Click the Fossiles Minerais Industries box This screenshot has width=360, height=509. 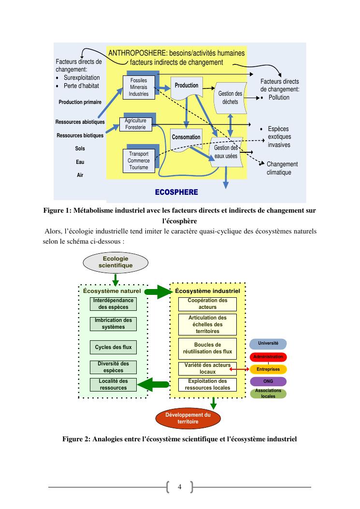click(139, 87)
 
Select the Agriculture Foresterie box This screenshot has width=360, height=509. click(135, 124)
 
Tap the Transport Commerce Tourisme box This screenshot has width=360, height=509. click(139, 160)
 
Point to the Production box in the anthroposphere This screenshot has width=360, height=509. click(187, 86)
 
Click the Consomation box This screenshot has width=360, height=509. click(186, 137)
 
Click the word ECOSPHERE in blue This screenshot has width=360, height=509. click(176, 192)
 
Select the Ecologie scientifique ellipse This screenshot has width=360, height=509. click(115, 262)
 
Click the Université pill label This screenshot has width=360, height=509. click(268, 343)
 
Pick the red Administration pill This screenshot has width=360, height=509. click(268, 357)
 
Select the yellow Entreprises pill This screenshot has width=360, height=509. click(268, 369)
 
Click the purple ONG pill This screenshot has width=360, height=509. click(268, 381)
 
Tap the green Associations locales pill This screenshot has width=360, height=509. click(268, 393)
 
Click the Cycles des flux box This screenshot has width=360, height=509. click(113, 347)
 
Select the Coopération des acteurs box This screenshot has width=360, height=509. click(207, 304)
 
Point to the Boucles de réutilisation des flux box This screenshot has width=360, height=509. click(207, 349)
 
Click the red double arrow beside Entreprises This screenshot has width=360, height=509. click(240, 370)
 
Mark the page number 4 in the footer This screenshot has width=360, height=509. click(179, 487)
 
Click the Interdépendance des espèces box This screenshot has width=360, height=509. click(113, 304)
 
